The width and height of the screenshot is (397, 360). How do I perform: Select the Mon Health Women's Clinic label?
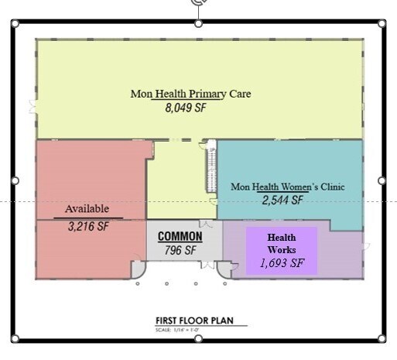288,187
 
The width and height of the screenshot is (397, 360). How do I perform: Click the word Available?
87,209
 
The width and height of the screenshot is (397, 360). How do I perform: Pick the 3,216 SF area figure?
88,228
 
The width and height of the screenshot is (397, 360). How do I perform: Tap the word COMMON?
180,236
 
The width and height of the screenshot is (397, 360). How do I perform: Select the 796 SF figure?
180,250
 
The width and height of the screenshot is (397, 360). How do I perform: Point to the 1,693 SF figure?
281,262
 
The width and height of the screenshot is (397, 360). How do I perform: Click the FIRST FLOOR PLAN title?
194,321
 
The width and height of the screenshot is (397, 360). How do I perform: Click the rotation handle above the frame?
198,3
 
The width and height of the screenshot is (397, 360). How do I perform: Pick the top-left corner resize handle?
15,23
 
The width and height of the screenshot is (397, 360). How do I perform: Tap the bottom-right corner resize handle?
382,338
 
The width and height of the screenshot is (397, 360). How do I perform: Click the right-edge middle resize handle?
382,180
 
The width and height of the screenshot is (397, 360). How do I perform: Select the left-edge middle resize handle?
15,180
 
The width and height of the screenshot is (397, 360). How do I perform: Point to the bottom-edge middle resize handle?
198,338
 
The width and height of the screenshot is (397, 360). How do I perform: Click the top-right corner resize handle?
382,23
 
